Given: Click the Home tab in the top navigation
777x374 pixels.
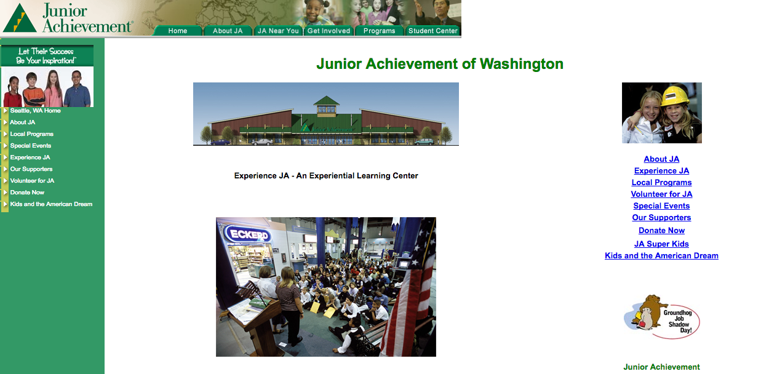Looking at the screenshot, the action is [178, 31].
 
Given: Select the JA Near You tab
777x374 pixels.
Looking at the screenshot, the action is [278, 31].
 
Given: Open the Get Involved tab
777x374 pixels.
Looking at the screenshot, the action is [329, 31].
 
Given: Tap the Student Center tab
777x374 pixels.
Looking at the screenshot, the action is [433, 31].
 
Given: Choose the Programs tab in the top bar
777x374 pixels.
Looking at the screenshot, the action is [379, 31].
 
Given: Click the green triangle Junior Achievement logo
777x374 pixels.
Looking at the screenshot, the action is [20, 18].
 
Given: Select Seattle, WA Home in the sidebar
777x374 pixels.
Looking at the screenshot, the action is [36, 111].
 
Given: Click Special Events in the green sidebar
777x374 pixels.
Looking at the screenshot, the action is [31, 146].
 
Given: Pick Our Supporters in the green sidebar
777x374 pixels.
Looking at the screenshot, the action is [31, 169].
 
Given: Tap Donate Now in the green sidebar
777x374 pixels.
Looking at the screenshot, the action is [27, 193].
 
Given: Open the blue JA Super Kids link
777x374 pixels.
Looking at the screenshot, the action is [661, 244].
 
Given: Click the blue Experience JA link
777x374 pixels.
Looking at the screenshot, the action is [661, 170].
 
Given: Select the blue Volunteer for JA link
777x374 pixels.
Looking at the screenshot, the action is [661, 194].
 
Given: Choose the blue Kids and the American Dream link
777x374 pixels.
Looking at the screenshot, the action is [661, 256].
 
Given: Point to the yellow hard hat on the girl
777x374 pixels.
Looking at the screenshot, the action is [674, 96].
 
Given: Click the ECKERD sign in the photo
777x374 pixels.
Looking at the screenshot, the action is [249, 235].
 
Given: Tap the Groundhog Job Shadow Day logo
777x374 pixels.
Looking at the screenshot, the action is [661, 317].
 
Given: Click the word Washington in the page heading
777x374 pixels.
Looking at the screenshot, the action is [521, 64].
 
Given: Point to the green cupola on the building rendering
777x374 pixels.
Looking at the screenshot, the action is [326, 105].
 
